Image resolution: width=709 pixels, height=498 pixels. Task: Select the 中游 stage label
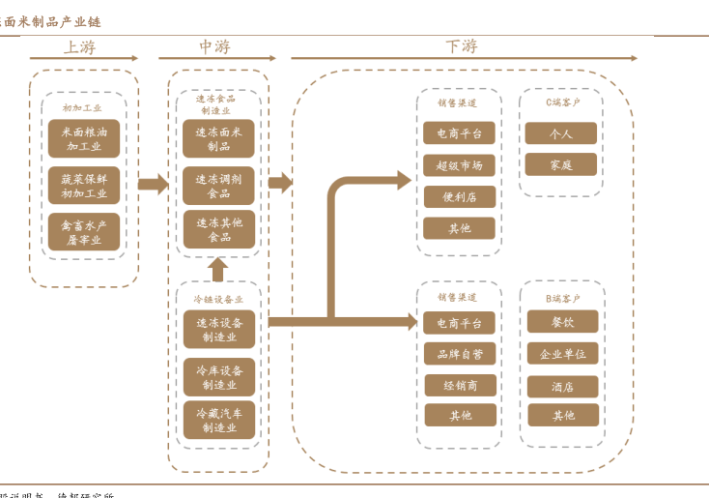click(x=214, y=46)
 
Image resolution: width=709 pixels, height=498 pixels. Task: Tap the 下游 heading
click(x=461, y=46)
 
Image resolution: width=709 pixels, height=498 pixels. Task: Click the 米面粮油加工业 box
click(x=84, y=139)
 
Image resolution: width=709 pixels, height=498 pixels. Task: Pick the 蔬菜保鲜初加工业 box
click(x=84, y=186)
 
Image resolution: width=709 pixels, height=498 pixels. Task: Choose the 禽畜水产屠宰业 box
click(x=84, y=232)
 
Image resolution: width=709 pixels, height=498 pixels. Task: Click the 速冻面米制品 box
click(x=218, y=139)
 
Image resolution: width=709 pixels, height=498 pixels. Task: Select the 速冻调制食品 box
click(x=218, y=186)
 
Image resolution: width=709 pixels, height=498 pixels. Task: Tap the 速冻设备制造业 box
click(x=218, y=330)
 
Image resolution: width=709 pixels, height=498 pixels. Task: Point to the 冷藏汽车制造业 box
click(x=218, y=420)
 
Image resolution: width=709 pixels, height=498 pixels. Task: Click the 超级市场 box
click(x=459, y=165)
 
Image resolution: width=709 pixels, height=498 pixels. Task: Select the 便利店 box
click(x=459, y=197)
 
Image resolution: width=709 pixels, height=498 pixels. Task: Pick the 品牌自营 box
click(x=459, y=354)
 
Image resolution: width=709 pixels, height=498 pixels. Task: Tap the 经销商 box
click(x=459, y=385)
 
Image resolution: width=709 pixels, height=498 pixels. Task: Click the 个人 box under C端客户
click(x=561, y=133)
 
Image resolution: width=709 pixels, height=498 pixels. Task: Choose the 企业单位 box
click(x=562, y=354)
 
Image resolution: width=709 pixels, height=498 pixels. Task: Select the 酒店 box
click(x=562, y=386)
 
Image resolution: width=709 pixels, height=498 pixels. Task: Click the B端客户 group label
click(x=562, y=299)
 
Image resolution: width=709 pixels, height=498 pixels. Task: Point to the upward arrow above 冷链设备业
click(x=218, y=268)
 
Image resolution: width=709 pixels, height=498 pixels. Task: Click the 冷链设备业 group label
click(x=218, y=300)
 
